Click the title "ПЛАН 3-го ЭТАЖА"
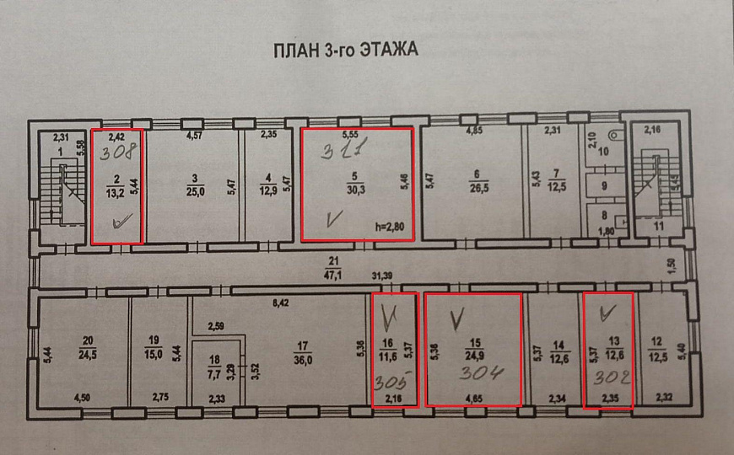tap(344, 50)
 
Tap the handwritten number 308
tap(116, 154)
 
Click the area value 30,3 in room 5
tap(356, 190)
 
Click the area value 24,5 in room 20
tap(87, 354)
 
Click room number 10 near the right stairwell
tap(603, 152)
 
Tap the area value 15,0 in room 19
tap(153, 354)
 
